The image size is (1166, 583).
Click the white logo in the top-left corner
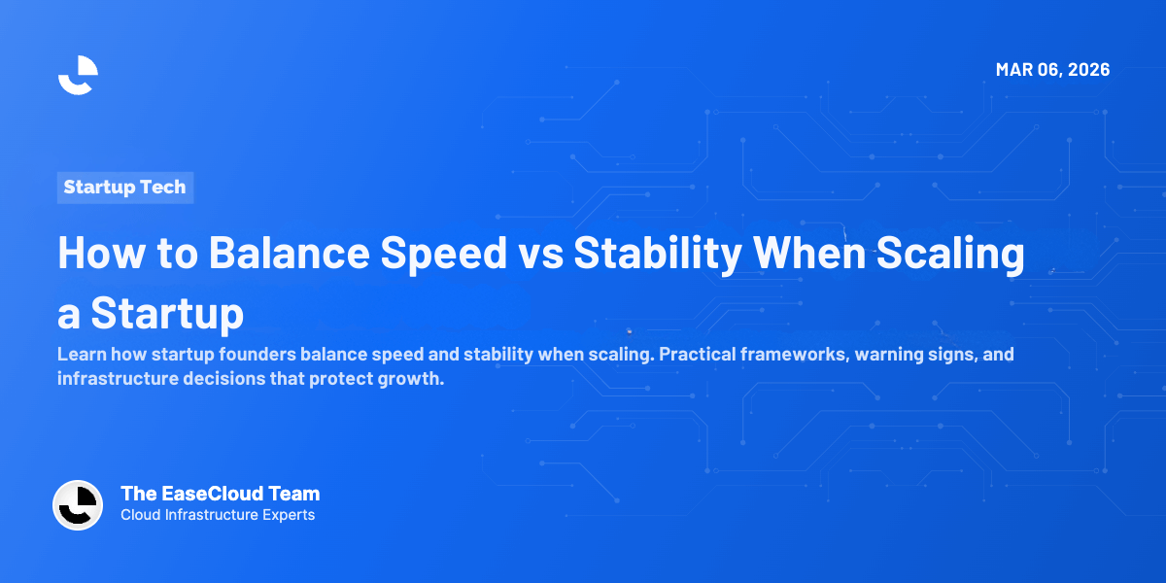click(x=78, y=75)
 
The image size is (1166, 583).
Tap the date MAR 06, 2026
click(x=1052, y=70)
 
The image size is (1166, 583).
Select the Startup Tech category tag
click(x=124, y=188)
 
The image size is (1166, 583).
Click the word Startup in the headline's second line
click(x=167, y=314)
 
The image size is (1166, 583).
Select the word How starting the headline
click(x=94, y=253)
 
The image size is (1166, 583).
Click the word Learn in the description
click(x=80, y=355)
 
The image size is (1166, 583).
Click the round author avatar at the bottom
click(x=78, y=504)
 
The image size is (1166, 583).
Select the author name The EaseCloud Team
click(x=220, y=494)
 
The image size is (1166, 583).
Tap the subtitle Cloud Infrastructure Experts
click(x=218, y=515)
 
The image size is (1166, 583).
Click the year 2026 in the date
click(x=1085, y=70)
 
